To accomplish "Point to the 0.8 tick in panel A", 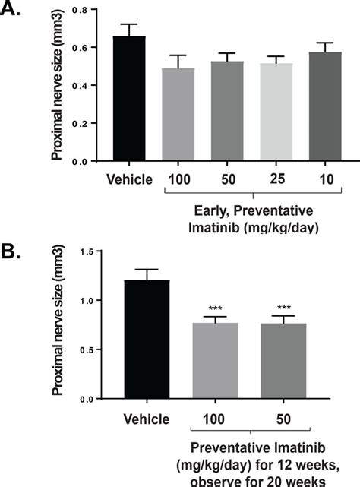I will click(78, 9).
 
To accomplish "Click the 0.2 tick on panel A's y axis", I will click(78, 123).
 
